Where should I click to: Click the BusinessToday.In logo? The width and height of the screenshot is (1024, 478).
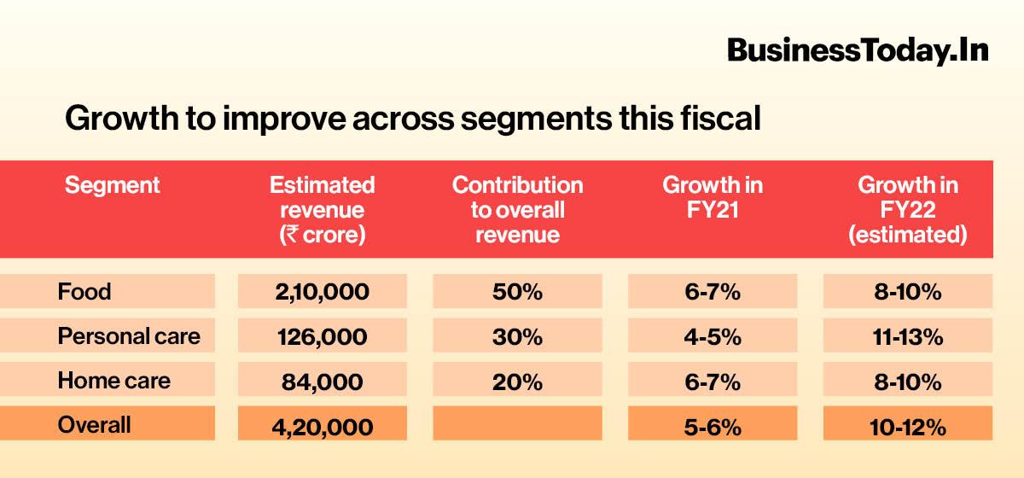coord(858,50)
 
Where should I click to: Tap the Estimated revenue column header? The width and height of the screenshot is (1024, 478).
coord(322,210)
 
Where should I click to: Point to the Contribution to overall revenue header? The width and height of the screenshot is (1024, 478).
coord(517,210)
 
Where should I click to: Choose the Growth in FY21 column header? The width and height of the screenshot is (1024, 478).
coord(713,197)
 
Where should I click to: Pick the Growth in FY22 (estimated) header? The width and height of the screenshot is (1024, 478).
coord(907,210)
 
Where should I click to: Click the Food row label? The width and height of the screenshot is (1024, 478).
coord(84,292)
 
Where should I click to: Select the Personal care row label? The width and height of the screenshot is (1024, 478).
coord(129,336)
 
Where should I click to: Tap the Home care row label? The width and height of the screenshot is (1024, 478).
coord(113,381)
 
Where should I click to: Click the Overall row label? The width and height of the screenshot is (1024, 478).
coord(94,424)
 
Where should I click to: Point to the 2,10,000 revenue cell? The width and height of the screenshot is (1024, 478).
coord(322,292)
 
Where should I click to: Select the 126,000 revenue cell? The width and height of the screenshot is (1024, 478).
coord(322,336)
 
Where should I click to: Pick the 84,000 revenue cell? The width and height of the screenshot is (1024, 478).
coord(322,382)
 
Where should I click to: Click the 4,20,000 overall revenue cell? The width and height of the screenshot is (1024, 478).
coord(322,425)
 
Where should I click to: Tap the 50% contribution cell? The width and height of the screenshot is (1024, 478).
coord(517,292)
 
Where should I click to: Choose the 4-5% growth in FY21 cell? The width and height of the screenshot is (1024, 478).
coord(713,336)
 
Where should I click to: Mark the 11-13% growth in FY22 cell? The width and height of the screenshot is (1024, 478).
coord(907,336)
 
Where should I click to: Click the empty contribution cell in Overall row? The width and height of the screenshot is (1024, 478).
coord(517,423)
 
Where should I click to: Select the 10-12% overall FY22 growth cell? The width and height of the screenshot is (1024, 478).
coord(907,425)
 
